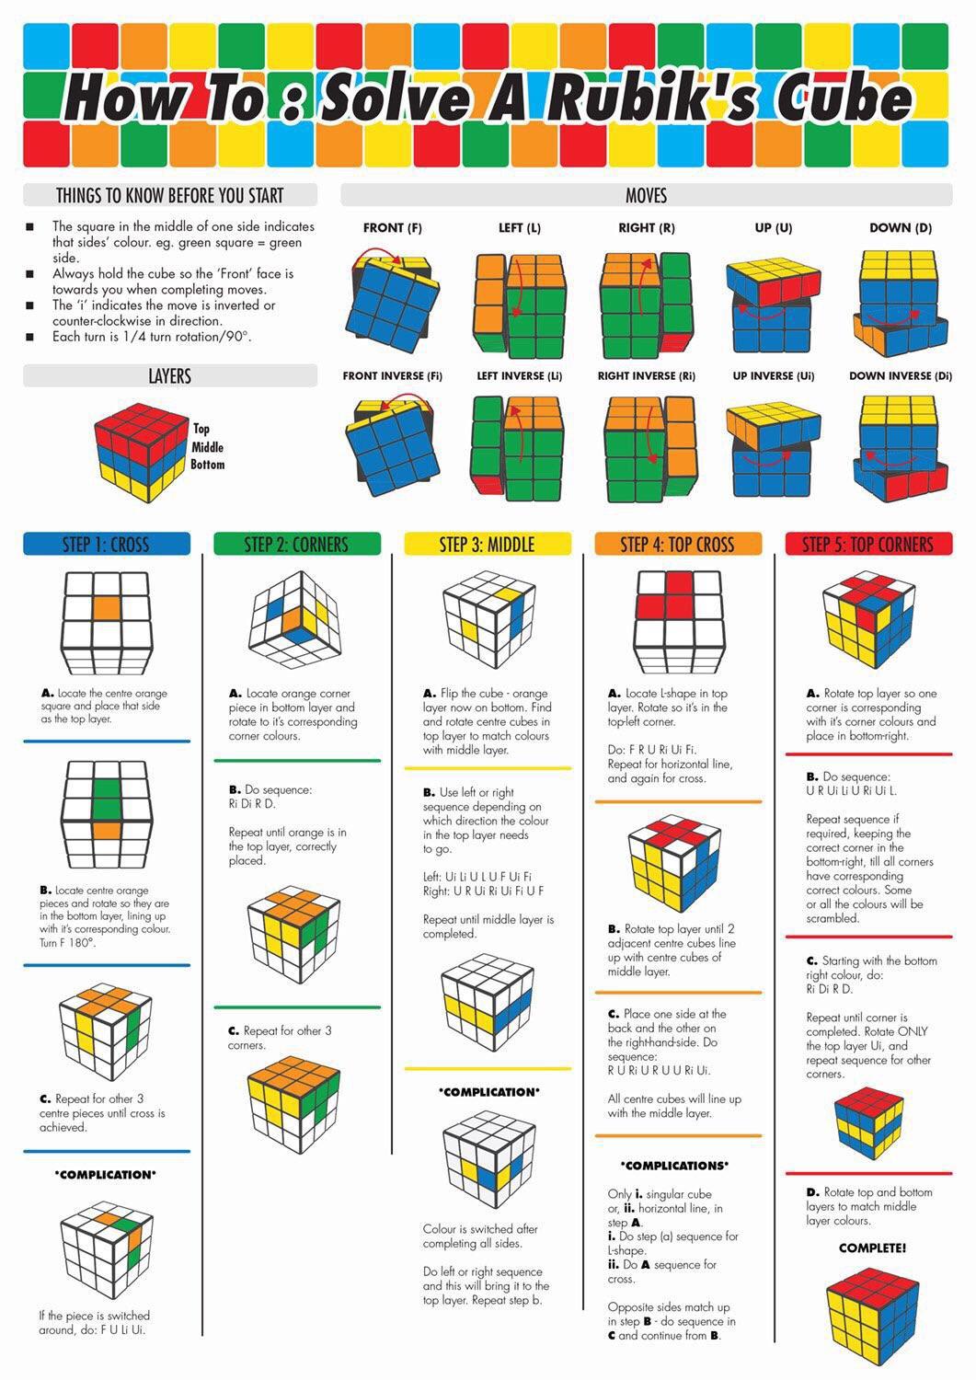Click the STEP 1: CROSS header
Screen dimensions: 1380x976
(x=106, y=545)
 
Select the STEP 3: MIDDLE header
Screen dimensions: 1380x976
(x=487, y=545)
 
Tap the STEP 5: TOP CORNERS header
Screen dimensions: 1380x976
(x=868, y=545)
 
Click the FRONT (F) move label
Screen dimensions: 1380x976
(x=392, y=228)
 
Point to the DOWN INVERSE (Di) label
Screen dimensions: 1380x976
(x=900, y=376)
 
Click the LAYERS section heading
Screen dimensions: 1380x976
(x=170, y=376)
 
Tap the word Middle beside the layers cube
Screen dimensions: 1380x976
(x=208, y=447)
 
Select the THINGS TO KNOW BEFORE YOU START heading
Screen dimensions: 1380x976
(x=170, y=195)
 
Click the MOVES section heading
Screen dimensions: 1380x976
(x=646, y=195)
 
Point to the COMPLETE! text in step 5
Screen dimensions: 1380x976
(x=872, y=1248)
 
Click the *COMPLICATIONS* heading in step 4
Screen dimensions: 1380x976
(x=676, y=1166)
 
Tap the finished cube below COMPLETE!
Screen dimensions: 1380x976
(x=871, y=1317)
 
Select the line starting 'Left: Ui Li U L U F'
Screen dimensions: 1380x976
(x=477, y=877)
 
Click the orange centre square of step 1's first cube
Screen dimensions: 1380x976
(x=106, y=608)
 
